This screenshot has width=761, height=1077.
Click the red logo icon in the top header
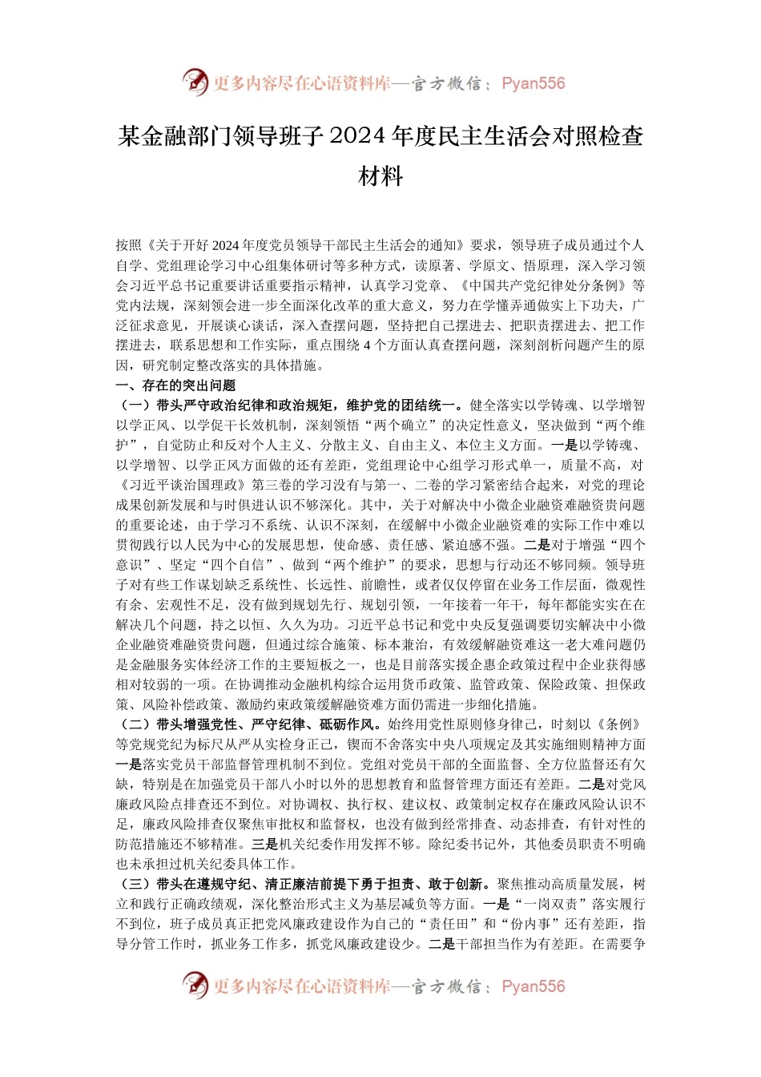point(195,83)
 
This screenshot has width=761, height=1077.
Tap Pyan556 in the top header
point(533,83)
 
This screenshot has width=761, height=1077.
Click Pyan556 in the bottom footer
point(533,986)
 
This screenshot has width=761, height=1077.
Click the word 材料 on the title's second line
point(380,176)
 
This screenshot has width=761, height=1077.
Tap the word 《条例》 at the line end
point(621,724)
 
